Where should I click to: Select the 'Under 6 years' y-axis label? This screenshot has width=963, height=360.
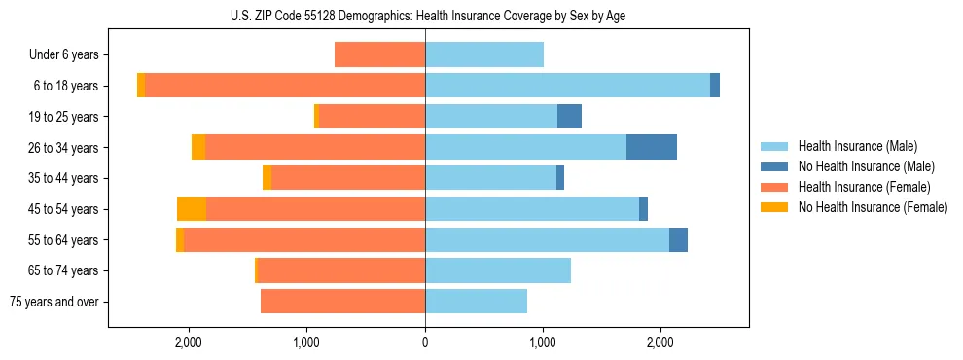click(69, 54)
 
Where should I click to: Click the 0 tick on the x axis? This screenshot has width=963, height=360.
click(425, 342)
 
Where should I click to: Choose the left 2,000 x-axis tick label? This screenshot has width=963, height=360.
click(188, 342)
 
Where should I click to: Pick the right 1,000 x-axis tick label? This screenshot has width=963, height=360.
click(543, 342)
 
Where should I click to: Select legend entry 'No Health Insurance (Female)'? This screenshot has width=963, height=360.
click(873, 207)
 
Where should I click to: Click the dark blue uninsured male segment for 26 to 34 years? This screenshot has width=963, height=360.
click(652, 147)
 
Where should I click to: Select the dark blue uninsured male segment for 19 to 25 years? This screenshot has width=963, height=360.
click(569, 117)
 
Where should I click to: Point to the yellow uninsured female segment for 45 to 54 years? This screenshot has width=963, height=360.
click(192, 209)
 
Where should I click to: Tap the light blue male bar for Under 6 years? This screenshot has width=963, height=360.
click(484, 54)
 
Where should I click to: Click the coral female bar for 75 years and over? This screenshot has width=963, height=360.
click(342, 302)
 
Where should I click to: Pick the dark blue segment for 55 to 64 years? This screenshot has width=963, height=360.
click(678, 239)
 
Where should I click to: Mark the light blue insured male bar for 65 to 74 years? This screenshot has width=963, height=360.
click(498, 270)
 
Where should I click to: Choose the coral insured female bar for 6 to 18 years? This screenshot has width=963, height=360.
click(285, 86)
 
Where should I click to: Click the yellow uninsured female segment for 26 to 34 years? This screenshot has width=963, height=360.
click(198, 147)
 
